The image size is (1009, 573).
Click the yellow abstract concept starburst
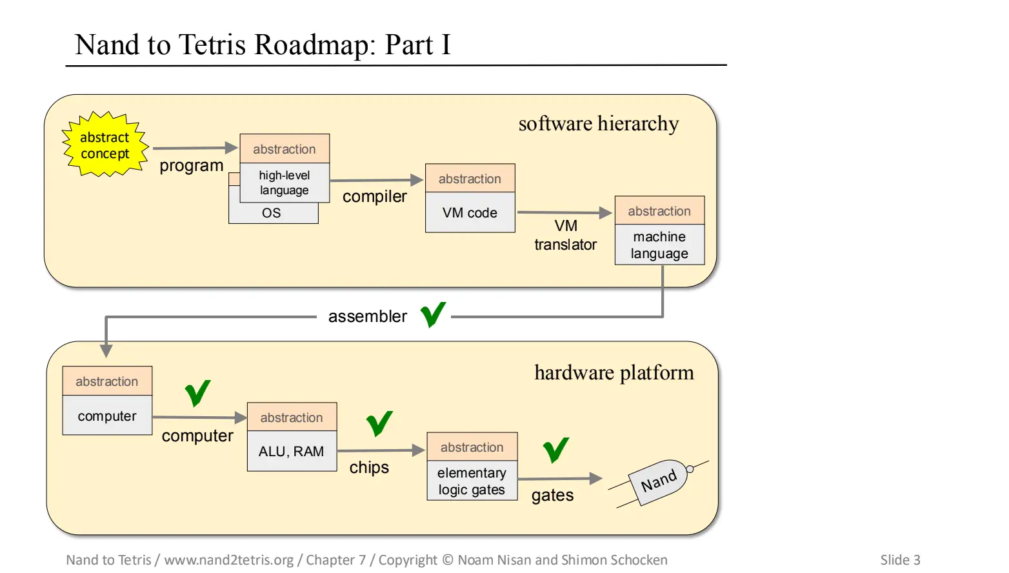click(x=105, y=145)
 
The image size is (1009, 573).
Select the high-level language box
click(x=285, y=183)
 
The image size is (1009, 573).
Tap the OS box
click(x=272, y=214)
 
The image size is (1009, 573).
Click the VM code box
click(x=470, y=213)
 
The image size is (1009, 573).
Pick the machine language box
click(x=659, y=245)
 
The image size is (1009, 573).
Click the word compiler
click(x=374, y=197)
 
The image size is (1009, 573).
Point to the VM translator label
click(x=565, y=236)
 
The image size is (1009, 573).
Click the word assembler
click(x=367, y=317)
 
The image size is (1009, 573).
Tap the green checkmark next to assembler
click(x=433, y=315)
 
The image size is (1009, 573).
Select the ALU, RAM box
click(x=292, y=452)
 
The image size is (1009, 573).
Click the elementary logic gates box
click(x=472, y=481)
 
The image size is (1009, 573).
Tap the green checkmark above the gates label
click(x=555, y=450)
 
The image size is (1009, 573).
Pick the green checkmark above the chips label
click(x=379, y=423)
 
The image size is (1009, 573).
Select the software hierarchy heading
click(x=598, y=124)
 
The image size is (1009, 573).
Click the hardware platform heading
click(x=614, y=373)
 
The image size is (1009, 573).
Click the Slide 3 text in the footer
click(x=900, y=560)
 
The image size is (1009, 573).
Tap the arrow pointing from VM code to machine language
click(x=564, y=212)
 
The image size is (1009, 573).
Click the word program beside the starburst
click(x=192, y=166)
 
